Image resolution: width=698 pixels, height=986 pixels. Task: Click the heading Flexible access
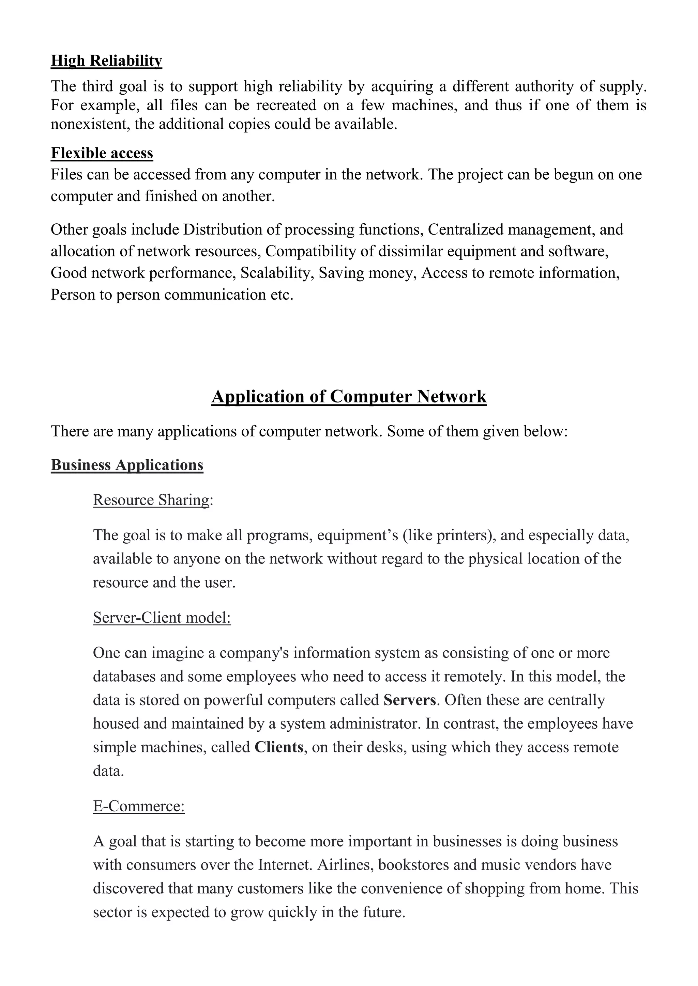coord(102,153)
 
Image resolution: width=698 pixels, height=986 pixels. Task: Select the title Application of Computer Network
coord(349,396)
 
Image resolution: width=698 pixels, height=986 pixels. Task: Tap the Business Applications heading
coord(127,465)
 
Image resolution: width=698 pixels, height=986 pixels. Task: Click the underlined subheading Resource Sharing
coord(151,500)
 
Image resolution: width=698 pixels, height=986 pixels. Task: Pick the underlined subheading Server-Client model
coord(162,618)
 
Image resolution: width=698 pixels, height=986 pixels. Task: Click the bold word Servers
coord(410,700)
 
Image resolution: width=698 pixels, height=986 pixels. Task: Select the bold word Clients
coord(279,747)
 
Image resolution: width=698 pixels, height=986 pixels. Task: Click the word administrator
coord(374,723)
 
